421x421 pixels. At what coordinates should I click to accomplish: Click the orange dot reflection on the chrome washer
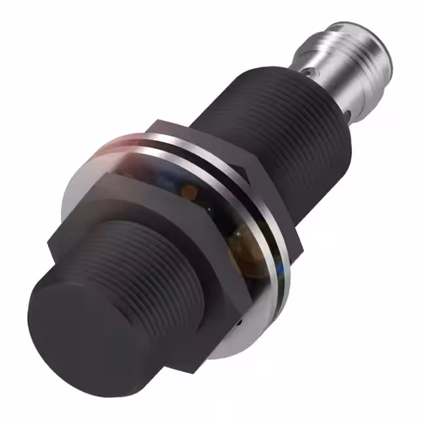(190, 190)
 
